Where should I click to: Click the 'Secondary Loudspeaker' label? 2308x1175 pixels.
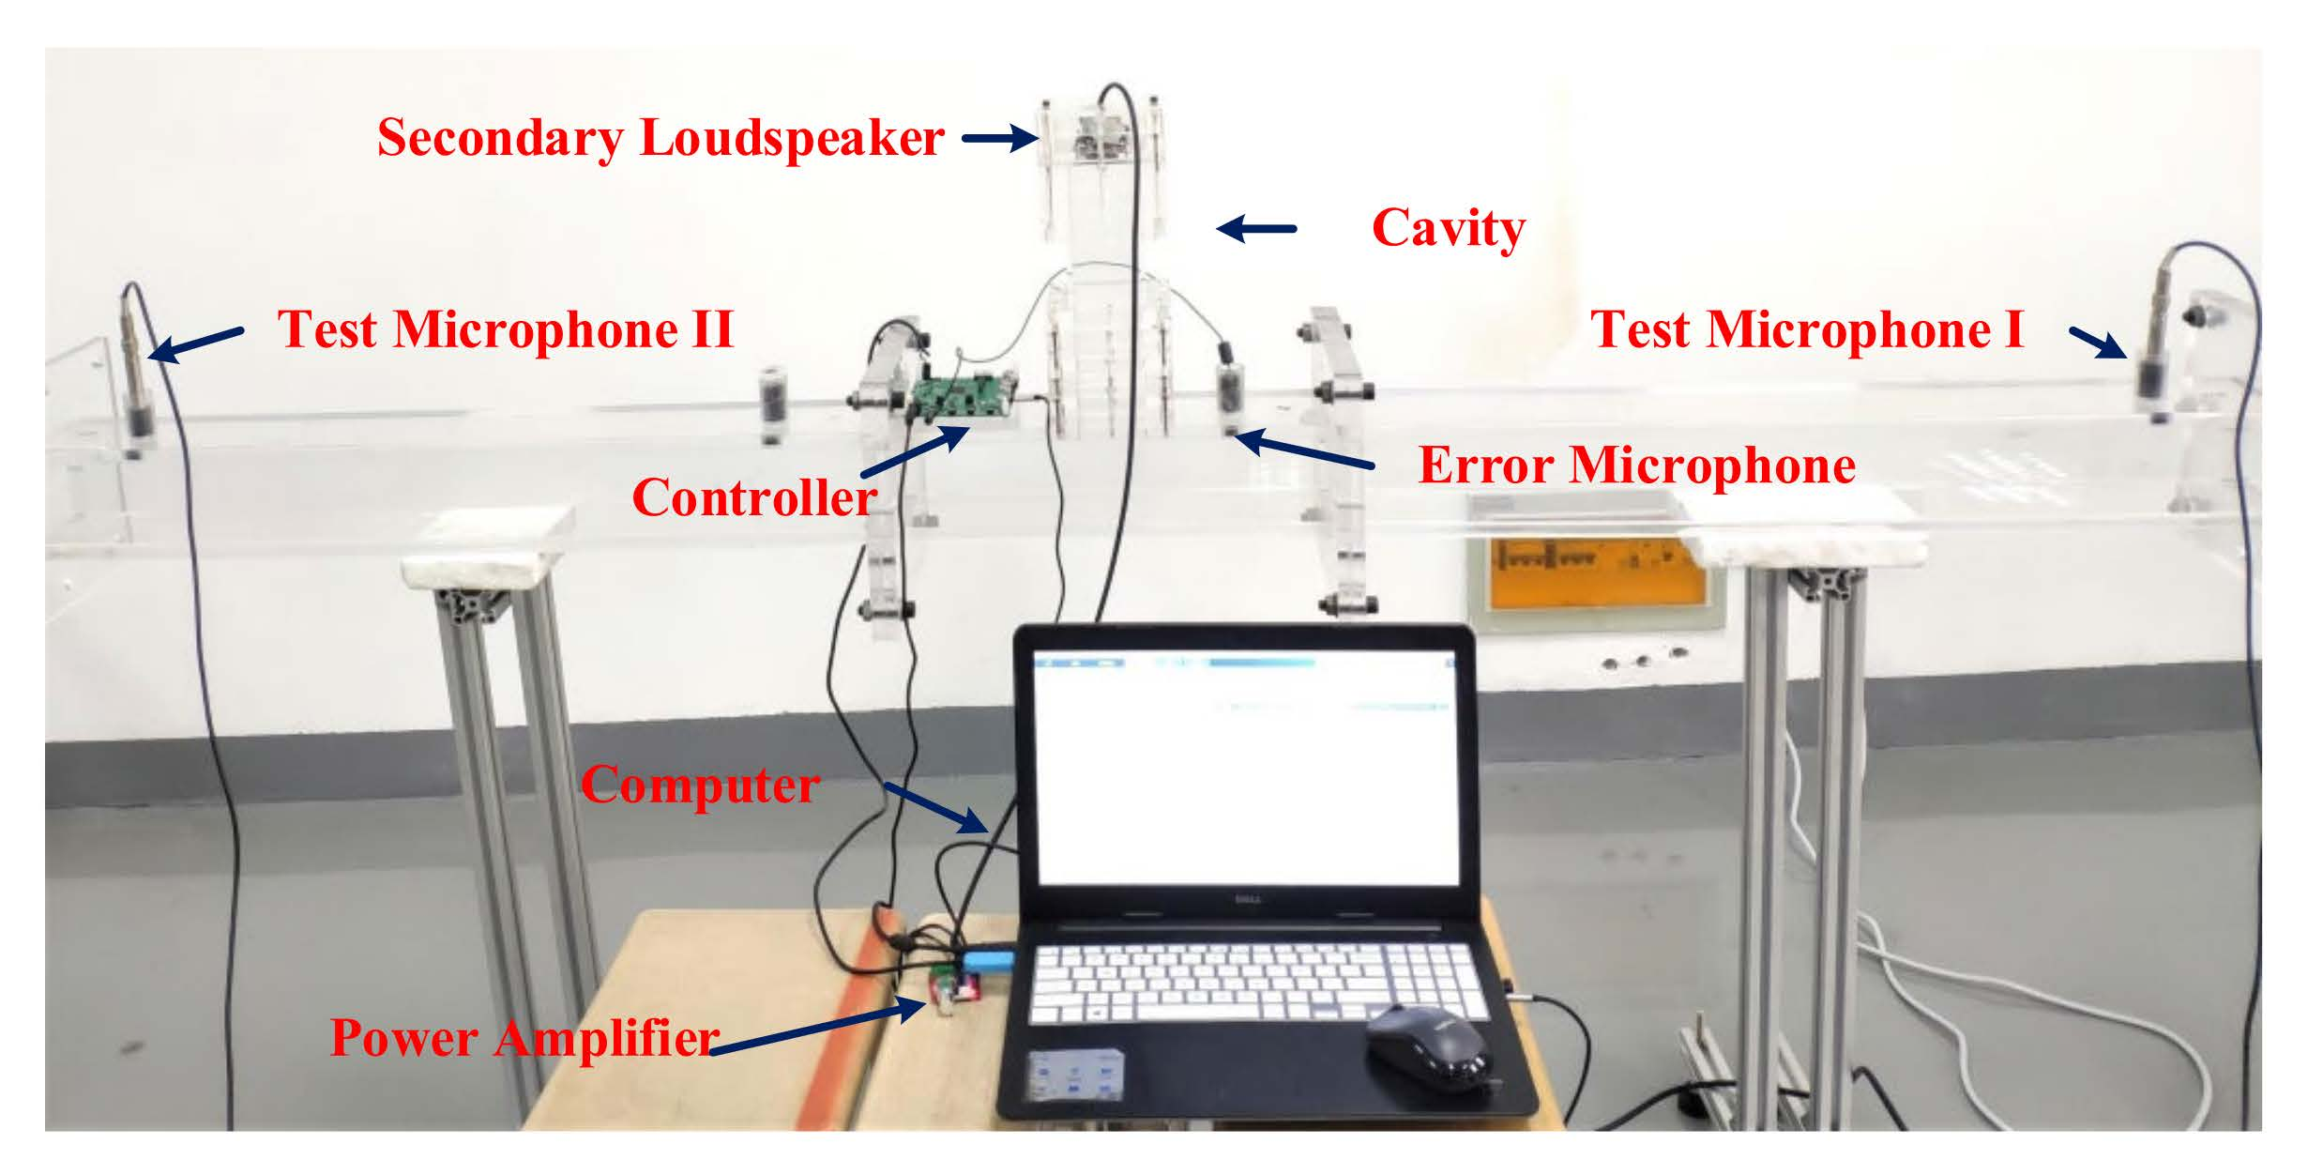660,138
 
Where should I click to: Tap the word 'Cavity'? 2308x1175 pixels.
1448,228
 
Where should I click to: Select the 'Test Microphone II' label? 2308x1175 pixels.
505,329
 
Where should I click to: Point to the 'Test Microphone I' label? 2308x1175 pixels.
1807,329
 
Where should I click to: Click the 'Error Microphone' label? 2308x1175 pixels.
1636,465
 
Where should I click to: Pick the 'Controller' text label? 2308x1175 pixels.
754,496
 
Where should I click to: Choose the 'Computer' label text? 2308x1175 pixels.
700,785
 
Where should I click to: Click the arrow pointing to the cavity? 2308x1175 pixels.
1256,228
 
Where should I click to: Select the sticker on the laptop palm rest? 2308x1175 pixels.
1077,1076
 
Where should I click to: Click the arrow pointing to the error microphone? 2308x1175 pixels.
1304,450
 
